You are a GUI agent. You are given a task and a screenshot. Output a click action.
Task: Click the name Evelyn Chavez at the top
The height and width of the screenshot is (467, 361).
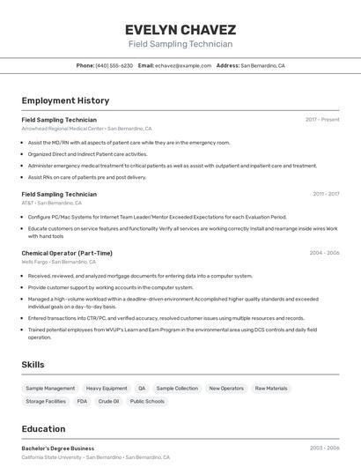[x=180, y=29]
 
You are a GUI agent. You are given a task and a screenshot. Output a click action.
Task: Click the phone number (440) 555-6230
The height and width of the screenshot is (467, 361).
[x=114, y=65]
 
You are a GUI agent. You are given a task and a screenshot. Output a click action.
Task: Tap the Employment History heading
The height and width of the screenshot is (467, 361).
[x=65, y=100]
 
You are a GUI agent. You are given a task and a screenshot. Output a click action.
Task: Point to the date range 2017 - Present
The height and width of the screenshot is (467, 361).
[x=322, y=119]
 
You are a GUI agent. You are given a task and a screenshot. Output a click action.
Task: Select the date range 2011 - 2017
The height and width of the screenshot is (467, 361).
[x=326, y=194]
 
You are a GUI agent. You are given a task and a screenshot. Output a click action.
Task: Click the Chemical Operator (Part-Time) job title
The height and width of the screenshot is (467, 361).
[x=67, y=253]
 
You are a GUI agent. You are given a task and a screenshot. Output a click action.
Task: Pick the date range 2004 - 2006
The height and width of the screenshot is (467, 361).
[x=324, y=253]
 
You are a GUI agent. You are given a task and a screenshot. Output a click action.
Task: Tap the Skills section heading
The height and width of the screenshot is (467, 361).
[x=33, y=364]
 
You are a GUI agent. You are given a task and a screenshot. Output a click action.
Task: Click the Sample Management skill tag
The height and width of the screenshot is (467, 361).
[x=50, y=389]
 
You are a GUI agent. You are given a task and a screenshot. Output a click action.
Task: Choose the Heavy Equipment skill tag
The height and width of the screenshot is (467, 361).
[x=107, y=389]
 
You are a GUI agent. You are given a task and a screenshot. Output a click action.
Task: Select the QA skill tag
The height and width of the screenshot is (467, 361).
[x=142, y=389]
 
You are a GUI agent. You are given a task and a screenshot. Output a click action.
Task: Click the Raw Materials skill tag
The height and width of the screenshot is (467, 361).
[x=271, y=389]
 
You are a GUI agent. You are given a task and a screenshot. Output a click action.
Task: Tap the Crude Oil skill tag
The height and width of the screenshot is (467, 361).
[x=108, y=402]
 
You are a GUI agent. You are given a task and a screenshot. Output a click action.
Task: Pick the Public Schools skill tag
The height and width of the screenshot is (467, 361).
[x=147, y=402]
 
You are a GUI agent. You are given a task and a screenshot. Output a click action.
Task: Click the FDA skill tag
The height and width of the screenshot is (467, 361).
[x=82, y=402]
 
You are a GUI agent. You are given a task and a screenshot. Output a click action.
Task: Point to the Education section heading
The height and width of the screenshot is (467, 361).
[x=44, y=429]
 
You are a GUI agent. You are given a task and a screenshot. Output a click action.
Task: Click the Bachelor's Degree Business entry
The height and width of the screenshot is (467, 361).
[x=58, y=448]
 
